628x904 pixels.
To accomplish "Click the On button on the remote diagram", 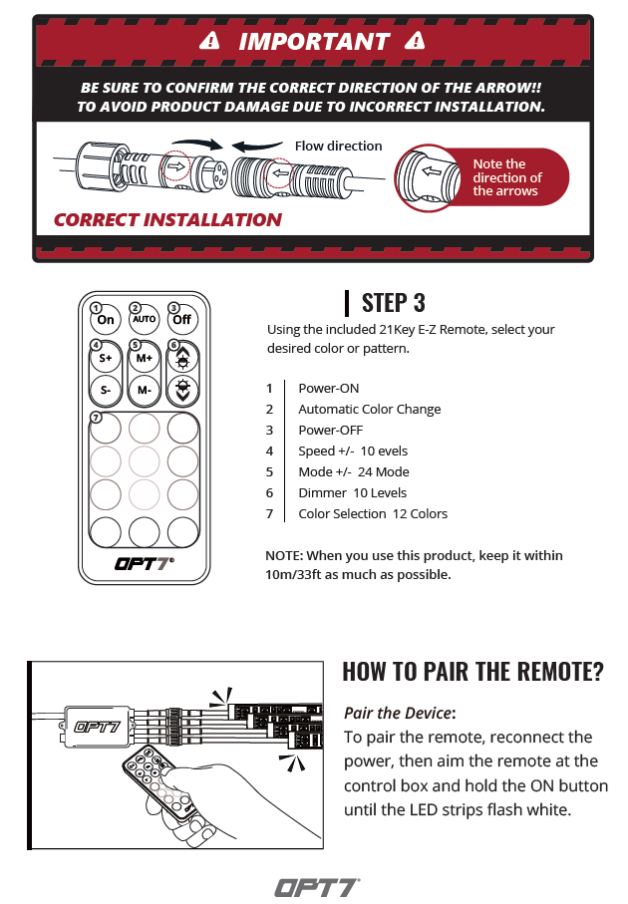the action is point(106,319).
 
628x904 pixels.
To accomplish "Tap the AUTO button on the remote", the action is point(145,319).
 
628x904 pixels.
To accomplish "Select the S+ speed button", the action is point(106,358).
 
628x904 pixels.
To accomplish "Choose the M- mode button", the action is point(145,390).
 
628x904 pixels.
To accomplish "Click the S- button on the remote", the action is point(106,390).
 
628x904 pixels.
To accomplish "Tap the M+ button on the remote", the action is point(145,358).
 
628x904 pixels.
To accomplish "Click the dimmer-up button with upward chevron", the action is point(182,358).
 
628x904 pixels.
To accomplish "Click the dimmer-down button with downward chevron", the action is point(182,390).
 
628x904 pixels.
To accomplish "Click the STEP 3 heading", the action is point(394,303).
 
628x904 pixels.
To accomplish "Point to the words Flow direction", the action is point(339,146).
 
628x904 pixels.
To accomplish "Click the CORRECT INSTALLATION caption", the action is point(167,219).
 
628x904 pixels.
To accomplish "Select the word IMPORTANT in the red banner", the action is point(314,42).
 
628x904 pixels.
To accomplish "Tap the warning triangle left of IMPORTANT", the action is point(210,41).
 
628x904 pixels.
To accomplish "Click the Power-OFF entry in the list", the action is point(330,431).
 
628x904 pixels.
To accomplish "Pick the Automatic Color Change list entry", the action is point(370,410).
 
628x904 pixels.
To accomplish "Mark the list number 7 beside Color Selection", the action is point(269,513).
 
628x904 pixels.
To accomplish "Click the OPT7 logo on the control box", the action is point(97,727).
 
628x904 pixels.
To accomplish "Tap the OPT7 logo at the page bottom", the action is point(317,888).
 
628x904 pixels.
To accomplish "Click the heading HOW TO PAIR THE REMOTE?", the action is point(472,672).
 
